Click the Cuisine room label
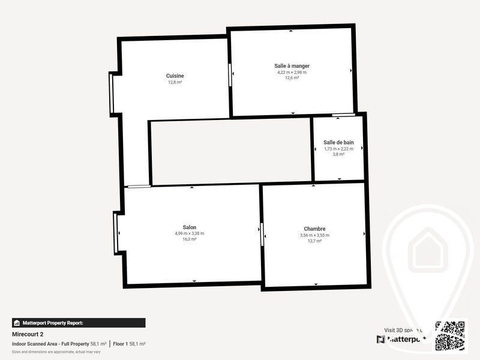tap(175, 76)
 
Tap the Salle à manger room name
tap(292, 65)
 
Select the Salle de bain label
tap(338, 142)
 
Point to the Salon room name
tap(190, 227)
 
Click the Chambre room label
tap(314, 229)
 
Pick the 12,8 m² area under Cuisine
tap(175, 83)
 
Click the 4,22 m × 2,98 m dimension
tap(292, 72)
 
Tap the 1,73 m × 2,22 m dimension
tap(338, 149)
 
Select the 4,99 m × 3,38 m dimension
tap(190, 233)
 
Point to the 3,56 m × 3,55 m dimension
tap(314, 235)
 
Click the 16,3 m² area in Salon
tap(190, 239)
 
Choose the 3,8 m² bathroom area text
tap(338, 155)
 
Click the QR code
tap(451, 335)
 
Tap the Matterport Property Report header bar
tap(79, 323)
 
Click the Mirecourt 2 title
tap(28, 334)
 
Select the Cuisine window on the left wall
tap(111, 93)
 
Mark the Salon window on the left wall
tap(116, 232)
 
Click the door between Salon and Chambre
tap(262, 233)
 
